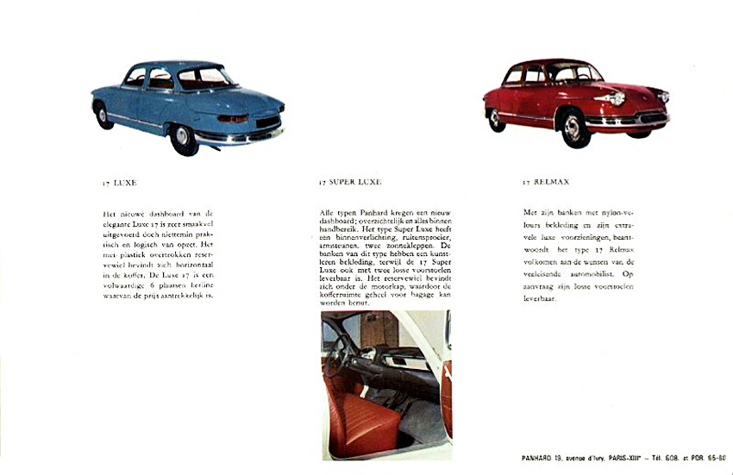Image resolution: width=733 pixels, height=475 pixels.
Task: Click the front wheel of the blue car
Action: pyautogui.click(x=103, y=115)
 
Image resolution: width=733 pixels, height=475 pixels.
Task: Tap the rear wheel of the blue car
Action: pyautogui.click(x=183, y=138)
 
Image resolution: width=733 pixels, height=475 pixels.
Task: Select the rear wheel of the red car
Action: pyautogui.click(x=497, y=119)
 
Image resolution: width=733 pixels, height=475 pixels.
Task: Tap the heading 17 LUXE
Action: pyautogui.click(x=118, y=183)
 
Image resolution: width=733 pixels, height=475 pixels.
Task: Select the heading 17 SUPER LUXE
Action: pyautogui.click(x=349, y=183)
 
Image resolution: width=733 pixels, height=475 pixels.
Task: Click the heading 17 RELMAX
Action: pyautogui.click(x=546, y=183)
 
